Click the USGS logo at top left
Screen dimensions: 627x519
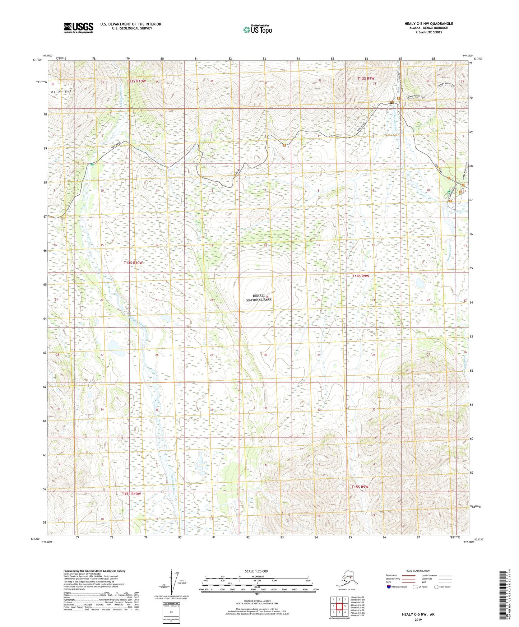pos(78,28)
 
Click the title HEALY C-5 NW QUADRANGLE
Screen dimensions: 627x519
pos(428,24)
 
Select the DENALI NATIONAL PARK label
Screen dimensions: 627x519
pos(259,298)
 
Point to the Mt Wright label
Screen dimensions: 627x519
pos(61,91)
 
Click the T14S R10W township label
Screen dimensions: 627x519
pos(133,263)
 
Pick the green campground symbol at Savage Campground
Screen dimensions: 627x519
pos(449,192)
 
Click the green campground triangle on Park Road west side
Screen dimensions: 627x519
pos(92,165)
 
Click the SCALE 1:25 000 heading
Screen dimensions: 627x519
pos(256,571)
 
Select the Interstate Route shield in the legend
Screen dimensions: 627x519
pos(389,587)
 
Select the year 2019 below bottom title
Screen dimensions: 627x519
pos(418,619)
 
